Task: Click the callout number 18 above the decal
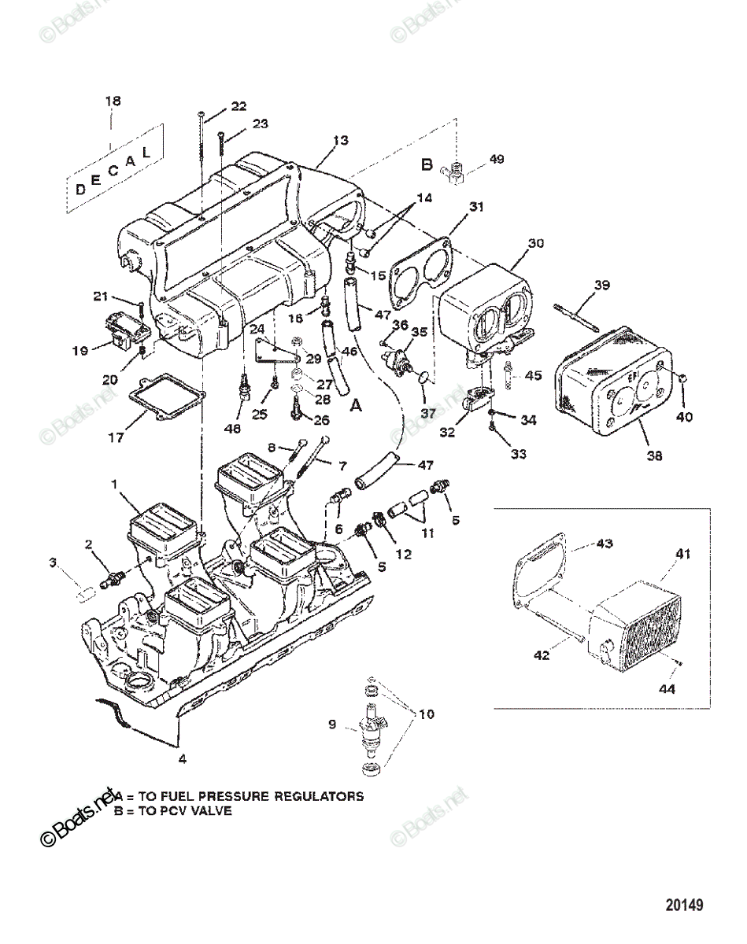[113, 101]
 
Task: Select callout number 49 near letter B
[496, 159]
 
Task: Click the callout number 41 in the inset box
[682, 554]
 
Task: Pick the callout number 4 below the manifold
[182, 759]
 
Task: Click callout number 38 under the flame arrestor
[654, 455]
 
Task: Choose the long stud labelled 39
[578, 313]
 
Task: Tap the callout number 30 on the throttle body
[535, 244]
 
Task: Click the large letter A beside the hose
[356, 406]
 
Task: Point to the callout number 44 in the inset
[667, 689]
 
